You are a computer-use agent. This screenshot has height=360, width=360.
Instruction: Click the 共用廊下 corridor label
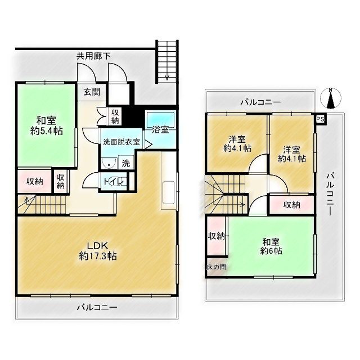93,56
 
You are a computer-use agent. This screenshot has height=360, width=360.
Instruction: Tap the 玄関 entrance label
92,92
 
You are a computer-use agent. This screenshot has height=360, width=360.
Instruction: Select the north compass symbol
330,98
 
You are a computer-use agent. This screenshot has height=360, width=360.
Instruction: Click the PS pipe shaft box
320,119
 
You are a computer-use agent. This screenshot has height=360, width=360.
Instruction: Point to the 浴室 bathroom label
160,129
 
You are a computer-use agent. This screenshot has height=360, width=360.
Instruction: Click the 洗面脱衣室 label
121,142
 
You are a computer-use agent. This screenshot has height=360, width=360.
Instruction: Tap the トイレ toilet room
114,181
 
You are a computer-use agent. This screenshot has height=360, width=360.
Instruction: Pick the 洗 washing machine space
126,163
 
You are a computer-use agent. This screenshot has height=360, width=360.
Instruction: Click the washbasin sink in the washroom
109,163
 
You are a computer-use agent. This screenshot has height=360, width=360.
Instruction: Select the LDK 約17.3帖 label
98,251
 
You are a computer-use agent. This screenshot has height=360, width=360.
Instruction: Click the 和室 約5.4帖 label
47,126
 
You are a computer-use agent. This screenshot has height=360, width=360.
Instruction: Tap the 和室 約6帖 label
271,246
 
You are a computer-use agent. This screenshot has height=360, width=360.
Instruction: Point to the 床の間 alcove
216,267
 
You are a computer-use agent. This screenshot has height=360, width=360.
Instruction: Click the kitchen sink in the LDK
169,192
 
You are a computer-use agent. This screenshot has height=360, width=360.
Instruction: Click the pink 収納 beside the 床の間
216,236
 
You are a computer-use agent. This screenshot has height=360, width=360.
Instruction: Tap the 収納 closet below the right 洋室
291,205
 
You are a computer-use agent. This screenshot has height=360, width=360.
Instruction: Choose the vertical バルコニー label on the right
330,194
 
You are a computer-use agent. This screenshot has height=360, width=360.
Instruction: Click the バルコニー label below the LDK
97,307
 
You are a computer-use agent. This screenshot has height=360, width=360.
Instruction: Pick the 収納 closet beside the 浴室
115,116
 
